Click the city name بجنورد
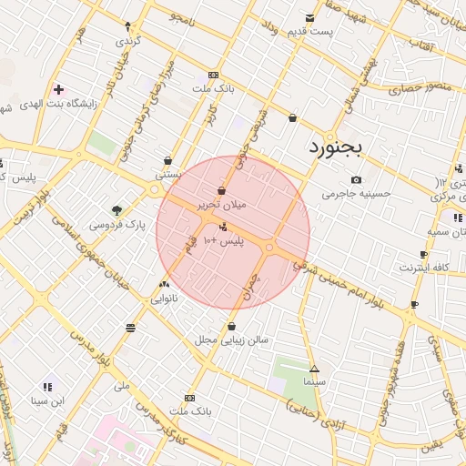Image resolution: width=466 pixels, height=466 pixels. (334, 146)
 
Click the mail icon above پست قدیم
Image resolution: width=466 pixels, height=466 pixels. (310, 18)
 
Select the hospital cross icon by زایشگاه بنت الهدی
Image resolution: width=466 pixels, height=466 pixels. (59, 89)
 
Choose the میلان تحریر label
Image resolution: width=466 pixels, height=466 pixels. (222, 205)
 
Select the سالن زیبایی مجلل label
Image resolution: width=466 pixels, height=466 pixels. (231, 339)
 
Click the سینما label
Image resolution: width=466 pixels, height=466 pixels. (315, 383)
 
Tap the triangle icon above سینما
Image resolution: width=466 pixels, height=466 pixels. (314, 370)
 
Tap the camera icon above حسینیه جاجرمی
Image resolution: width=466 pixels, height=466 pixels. (356, 180)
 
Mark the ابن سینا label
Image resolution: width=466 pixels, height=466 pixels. (46, 400)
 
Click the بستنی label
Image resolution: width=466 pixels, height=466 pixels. (168, 173)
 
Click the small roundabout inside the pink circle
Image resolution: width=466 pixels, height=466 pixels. (269, 246)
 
